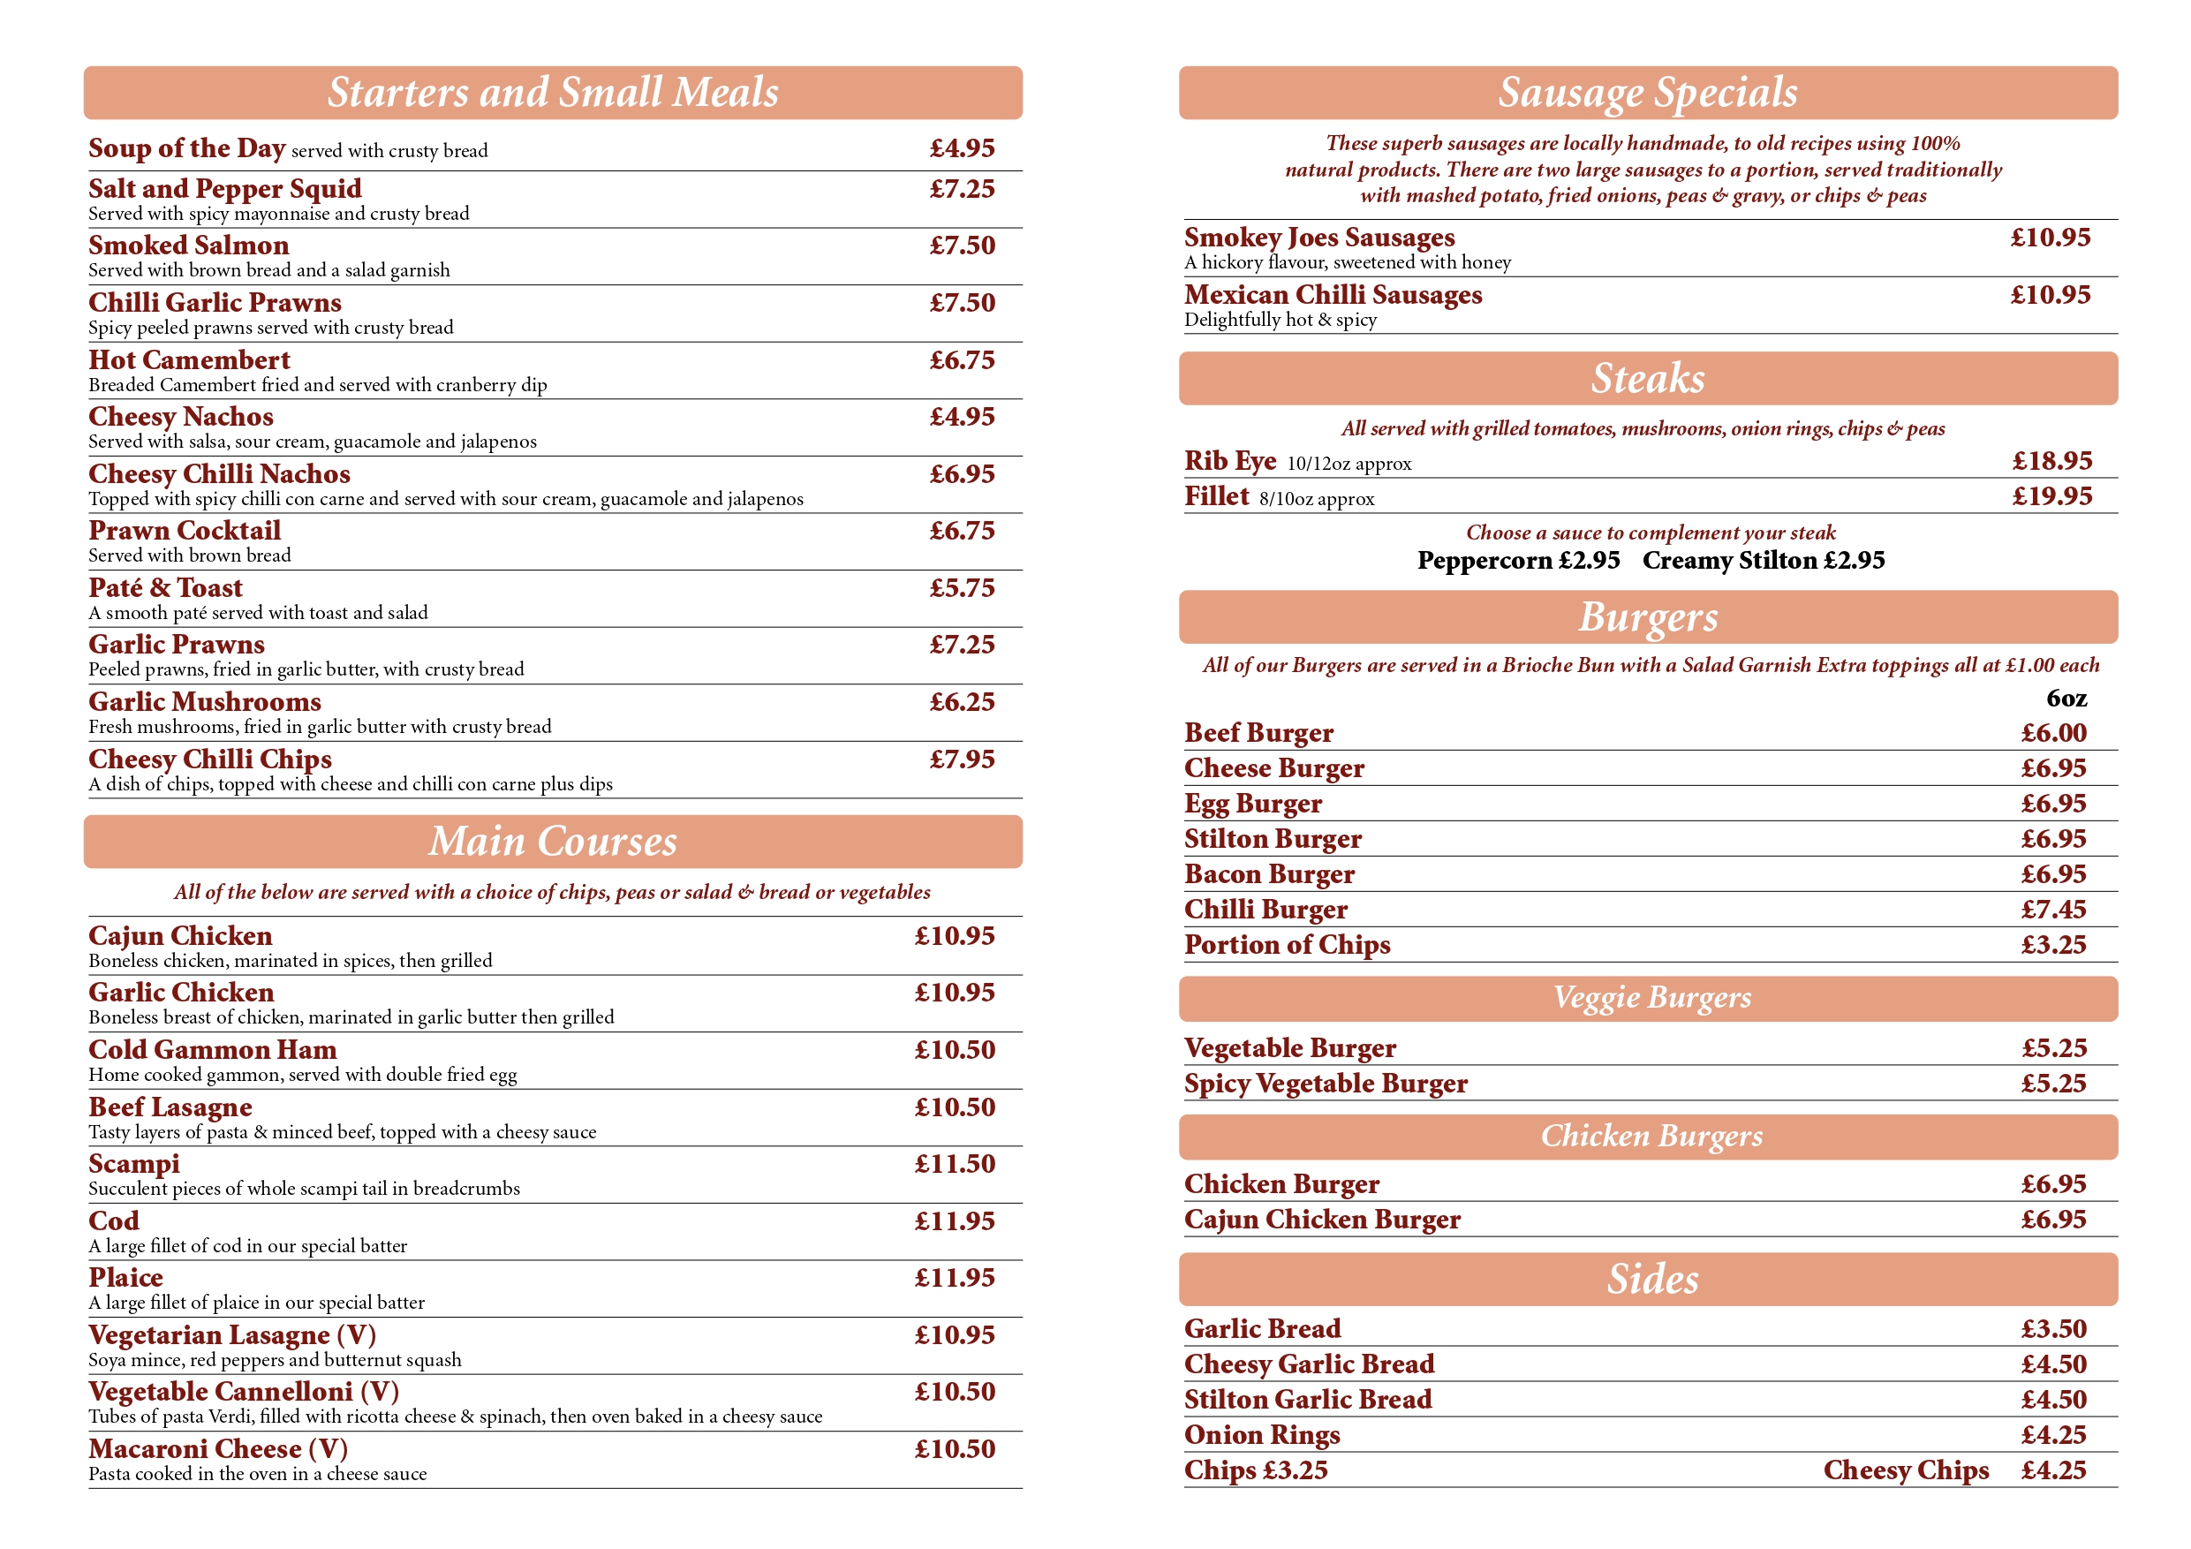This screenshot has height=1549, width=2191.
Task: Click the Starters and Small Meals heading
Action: point(553,93)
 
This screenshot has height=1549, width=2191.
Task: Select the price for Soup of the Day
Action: point(962,149)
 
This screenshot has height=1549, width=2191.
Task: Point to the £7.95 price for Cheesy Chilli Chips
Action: point(962,759)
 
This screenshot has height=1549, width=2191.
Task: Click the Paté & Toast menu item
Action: point(165,588)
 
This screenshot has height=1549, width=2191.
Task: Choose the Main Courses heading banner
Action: point(553,842)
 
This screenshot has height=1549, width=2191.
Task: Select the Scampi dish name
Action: point(133,1163)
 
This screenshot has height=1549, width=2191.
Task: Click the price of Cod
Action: point(955,1220)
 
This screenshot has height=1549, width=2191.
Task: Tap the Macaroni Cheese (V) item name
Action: point(217,1449)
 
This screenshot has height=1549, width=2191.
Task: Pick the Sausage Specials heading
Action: point(1647,93)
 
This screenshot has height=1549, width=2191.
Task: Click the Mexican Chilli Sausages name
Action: point(1332,295)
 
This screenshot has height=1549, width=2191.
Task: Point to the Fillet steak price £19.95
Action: point(2051,496)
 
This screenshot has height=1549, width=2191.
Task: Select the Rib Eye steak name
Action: point(1229,461)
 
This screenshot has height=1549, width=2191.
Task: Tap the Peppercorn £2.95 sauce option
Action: point(1517,560)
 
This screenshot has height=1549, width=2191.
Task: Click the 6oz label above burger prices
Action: point(2066,699)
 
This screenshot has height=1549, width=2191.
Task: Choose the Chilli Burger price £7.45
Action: point(2052,910)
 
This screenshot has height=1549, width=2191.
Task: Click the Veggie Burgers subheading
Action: point(1651,998)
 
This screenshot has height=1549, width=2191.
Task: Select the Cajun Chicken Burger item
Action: point(1322,1220)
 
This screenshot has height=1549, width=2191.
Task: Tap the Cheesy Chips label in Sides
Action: point(1905,1470)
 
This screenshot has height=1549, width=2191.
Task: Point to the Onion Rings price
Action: point(2052,1435)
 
